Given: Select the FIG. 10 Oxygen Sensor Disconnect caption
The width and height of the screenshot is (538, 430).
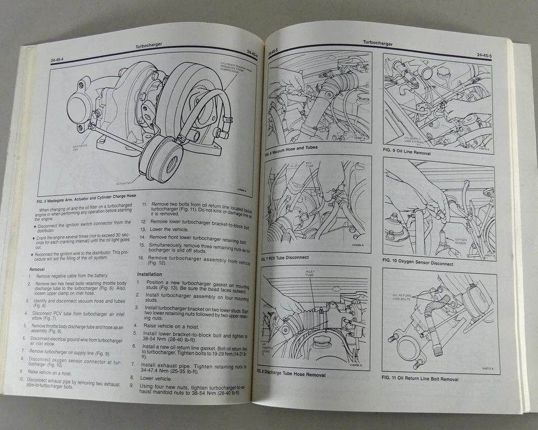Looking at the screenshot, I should point(418,262).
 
